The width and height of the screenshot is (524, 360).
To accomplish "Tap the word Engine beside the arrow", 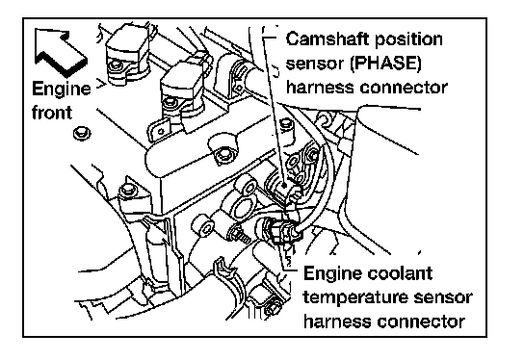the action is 61,90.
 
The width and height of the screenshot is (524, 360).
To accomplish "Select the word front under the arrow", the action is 52,112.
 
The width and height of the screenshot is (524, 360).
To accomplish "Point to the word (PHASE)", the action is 385,64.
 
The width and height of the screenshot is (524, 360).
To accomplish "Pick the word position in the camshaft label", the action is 408,40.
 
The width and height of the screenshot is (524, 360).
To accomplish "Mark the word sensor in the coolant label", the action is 443,297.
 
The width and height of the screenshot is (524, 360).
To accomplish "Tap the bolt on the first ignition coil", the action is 116,65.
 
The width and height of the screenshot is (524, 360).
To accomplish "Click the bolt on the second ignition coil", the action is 170,101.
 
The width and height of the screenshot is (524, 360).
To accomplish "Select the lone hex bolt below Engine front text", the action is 82,134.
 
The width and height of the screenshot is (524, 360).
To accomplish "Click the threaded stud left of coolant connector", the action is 240,234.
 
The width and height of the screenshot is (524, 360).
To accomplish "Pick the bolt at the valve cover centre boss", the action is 223,155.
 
